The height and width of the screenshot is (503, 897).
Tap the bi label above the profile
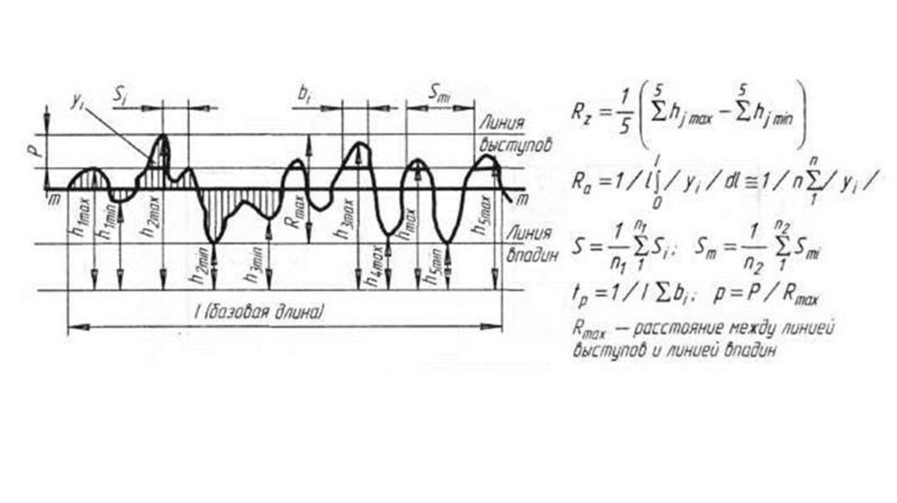coord(304,95)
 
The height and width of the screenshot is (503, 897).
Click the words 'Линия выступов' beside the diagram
coord(514,134)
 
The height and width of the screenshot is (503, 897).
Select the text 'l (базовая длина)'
coord(272,311)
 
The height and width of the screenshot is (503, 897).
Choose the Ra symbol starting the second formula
coord(583,185)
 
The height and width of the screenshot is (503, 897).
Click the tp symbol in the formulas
coord(581,297)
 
